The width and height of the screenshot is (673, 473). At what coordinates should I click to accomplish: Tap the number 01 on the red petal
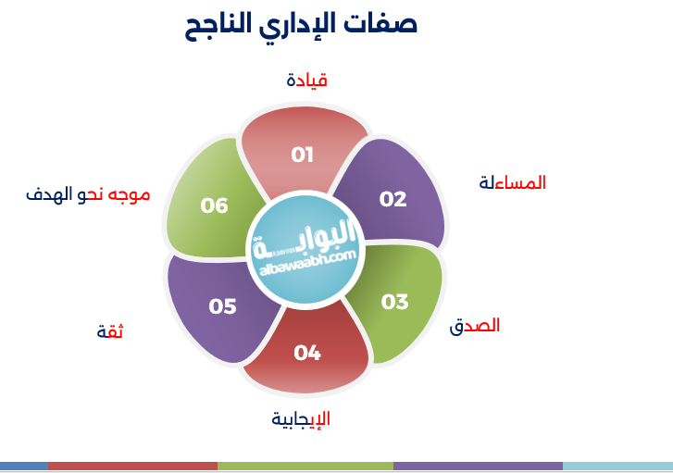(303, 155)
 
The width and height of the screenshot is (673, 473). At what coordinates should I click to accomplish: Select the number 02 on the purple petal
(393, 198)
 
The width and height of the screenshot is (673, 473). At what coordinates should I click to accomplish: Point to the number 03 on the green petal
(394, 302)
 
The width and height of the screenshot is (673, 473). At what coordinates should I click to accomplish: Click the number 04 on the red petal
(306, 352)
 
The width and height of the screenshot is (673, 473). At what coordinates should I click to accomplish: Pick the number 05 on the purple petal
(223, 305)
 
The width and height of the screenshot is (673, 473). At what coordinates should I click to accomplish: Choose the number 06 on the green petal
(215, 205)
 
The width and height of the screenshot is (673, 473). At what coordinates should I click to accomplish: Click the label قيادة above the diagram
(307, 80)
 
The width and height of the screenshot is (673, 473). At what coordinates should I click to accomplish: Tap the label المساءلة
(512, 182)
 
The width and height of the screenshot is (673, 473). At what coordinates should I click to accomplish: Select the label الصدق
(475, 326)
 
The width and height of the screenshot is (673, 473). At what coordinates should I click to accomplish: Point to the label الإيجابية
(301, 418)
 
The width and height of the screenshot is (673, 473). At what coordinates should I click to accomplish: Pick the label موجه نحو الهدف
(88, 194)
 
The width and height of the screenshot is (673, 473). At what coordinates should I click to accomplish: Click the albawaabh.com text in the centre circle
(303, 263)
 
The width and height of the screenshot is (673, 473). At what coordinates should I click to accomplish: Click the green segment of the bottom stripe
(305, 467)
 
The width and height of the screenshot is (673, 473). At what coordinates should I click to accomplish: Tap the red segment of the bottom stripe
(132, 467)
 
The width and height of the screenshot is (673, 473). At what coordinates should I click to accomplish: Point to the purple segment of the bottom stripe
(478, 467)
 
